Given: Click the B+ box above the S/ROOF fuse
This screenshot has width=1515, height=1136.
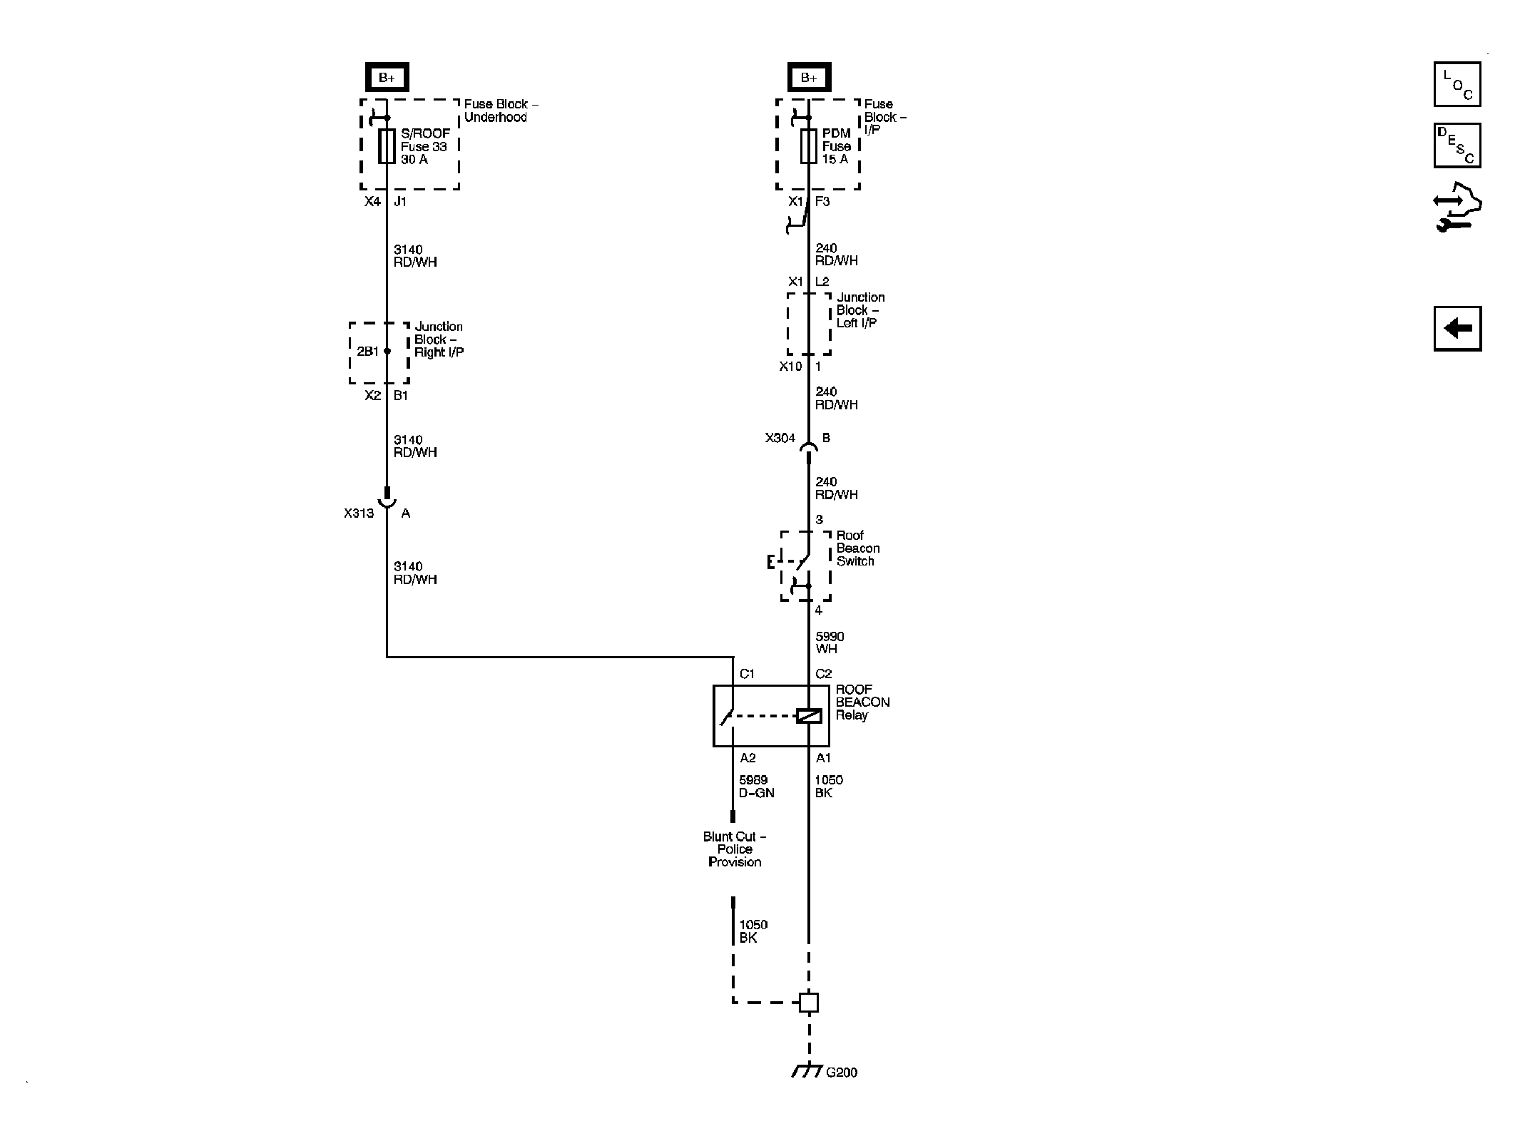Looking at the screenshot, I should point(387,77).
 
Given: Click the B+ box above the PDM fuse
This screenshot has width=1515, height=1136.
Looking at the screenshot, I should point(809,77).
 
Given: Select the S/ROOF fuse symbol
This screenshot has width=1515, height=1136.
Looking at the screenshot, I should point(387,146).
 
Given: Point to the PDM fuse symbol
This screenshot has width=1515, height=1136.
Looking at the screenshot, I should point(808,146).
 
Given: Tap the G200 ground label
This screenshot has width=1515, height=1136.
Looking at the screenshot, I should point(841,1092).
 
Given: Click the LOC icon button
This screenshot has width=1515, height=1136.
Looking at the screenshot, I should point(1457,84).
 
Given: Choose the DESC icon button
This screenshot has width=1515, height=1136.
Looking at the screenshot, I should point(1457,145).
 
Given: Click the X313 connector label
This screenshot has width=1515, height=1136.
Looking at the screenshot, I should point(358,513).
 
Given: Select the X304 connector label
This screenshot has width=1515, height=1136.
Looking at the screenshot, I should point(780,438).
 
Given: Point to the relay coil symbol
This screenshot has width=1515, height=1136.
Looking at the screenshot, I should point(808,715).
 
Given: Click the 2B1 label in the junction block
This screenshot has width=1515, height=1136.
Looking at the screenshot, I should point(367,352).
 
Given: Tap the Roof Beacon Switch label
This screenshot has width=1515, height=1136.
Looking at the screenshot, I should point(857,548).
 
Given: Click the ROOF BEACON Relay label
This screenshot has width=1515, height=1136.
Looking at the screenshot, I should point(862,702).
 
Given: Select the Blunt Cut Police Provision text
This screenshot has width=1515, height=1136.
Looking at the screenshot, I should point(735,849).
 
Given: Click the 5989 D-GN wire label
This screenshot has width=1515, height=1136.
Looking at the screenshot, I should point(756,787).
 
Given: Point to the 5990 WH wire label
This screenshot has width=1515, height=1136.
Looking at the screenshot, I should point(830,643).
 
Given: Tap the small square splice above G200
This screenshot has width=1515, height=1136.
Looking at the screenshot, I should point(808,1003).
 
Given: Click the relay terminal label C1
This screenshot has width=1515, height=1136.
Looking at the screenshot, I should point(747,674).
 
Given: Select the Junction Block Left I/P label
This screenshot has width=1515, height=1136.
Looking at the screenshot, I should point(859,310).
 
